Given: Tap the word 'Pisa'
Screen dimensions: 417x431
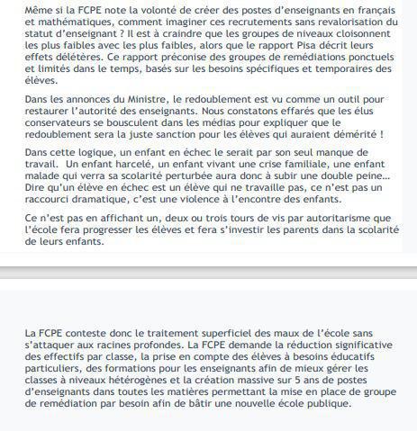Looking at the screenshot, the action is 314,52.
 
